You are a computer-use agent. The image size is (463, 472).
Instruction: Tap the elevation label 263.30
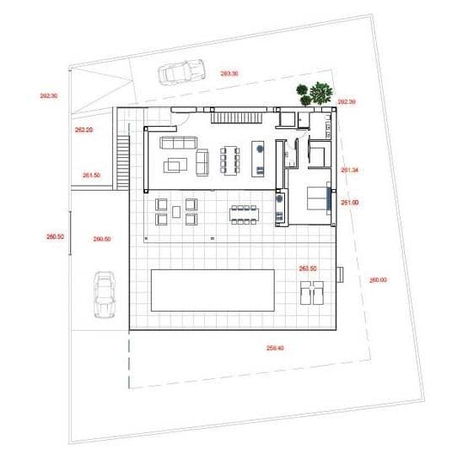point(229,73)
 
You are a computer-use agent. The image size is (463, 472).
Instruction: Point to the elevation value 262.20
point(83,130)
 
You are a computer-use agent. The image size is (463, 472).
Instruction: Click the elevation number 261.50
point(92,175)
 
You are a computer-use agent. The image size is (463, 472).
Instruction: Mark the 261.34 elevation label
point(350,171)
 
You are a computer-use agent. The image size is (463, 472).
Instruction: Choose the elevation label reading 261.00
point(350,203)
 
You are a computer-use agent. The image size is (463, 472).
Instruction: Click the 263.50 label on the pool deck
point(308,269)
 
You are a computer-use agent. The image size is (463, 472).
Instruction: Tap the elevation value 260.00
point(378,279)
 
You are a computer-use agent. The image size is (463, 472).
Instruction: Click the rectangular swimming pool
point(212,290)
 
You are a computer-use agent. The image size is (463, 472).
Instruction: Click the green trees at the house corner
point(315,93)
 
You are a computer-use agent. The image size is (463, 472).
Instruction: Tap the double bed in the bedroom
point(316,198)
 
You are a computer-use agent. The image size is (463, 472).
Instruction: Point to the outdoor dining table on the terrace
point(242,214)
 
